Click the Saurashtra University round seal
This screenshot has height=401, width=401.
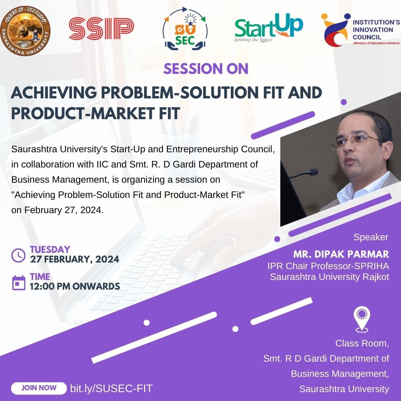[25, 31]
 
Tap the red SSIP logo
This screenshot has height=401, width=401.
[101, 28]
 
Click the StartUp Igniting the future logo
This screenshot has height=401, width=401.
[268, 27]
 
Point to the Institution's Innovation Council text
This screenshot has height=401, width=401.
[376, 30]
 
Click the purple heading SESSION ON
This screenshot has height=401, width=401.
[206, 69]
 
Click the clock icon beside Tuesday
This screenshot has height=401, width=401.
[19, 255]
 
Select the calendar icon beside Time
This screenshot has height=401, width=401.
[19, 283]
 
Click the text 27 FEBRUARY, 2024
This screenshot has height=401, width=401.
[74, 259]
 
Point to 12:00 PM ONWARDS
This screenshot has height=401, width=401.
[75, 286]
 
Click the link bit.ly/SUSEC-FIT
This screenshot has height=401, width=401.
[111, 388]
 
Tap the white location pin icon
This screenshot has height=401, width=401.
[362, 320]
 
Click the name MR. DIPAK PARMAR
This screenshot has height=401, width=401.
[341, 254]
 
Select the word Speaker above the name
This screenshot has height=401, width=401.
[371, 237]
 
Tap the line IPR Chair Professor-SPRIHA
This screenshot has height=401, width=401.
[328, 266]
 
